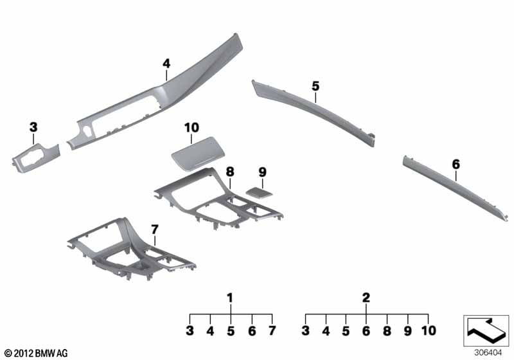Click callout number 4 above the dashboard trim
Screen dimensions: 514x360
coord(166,64)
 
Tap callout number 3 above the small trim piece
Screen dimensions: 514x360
coord(33,127)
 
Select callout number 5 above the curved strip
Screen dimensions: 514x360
coord(315,86)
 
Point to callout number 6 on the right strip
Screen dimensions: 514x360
coord(456,165)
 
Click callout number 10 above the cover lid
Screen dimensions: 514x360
coord(191,127)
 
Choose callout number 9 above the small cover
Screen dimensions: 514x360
coord(263,172)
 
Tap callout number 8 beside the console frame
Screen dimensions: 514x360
coord(230,172)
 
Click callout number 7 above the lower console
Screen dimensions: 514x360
coord(155,230)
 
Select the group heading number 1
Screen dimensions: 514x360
coord(230,298)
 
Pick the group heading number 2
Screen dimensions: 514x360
coord(366,298)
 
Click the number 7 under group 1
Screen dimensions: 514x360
coord(272,331)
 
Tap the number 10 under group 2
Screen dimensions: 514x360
coord(429,331)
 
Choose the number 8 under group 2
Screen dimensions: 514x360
coord(387,331)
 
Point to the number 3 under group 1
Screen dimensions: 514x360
coord(190,331)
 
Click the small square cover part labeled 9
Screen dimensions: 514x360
coord(259,192)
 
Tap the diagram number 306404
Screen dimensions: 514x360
coord(488,353)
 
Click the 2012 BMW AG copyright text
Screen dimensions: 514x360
coord(37,353)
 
